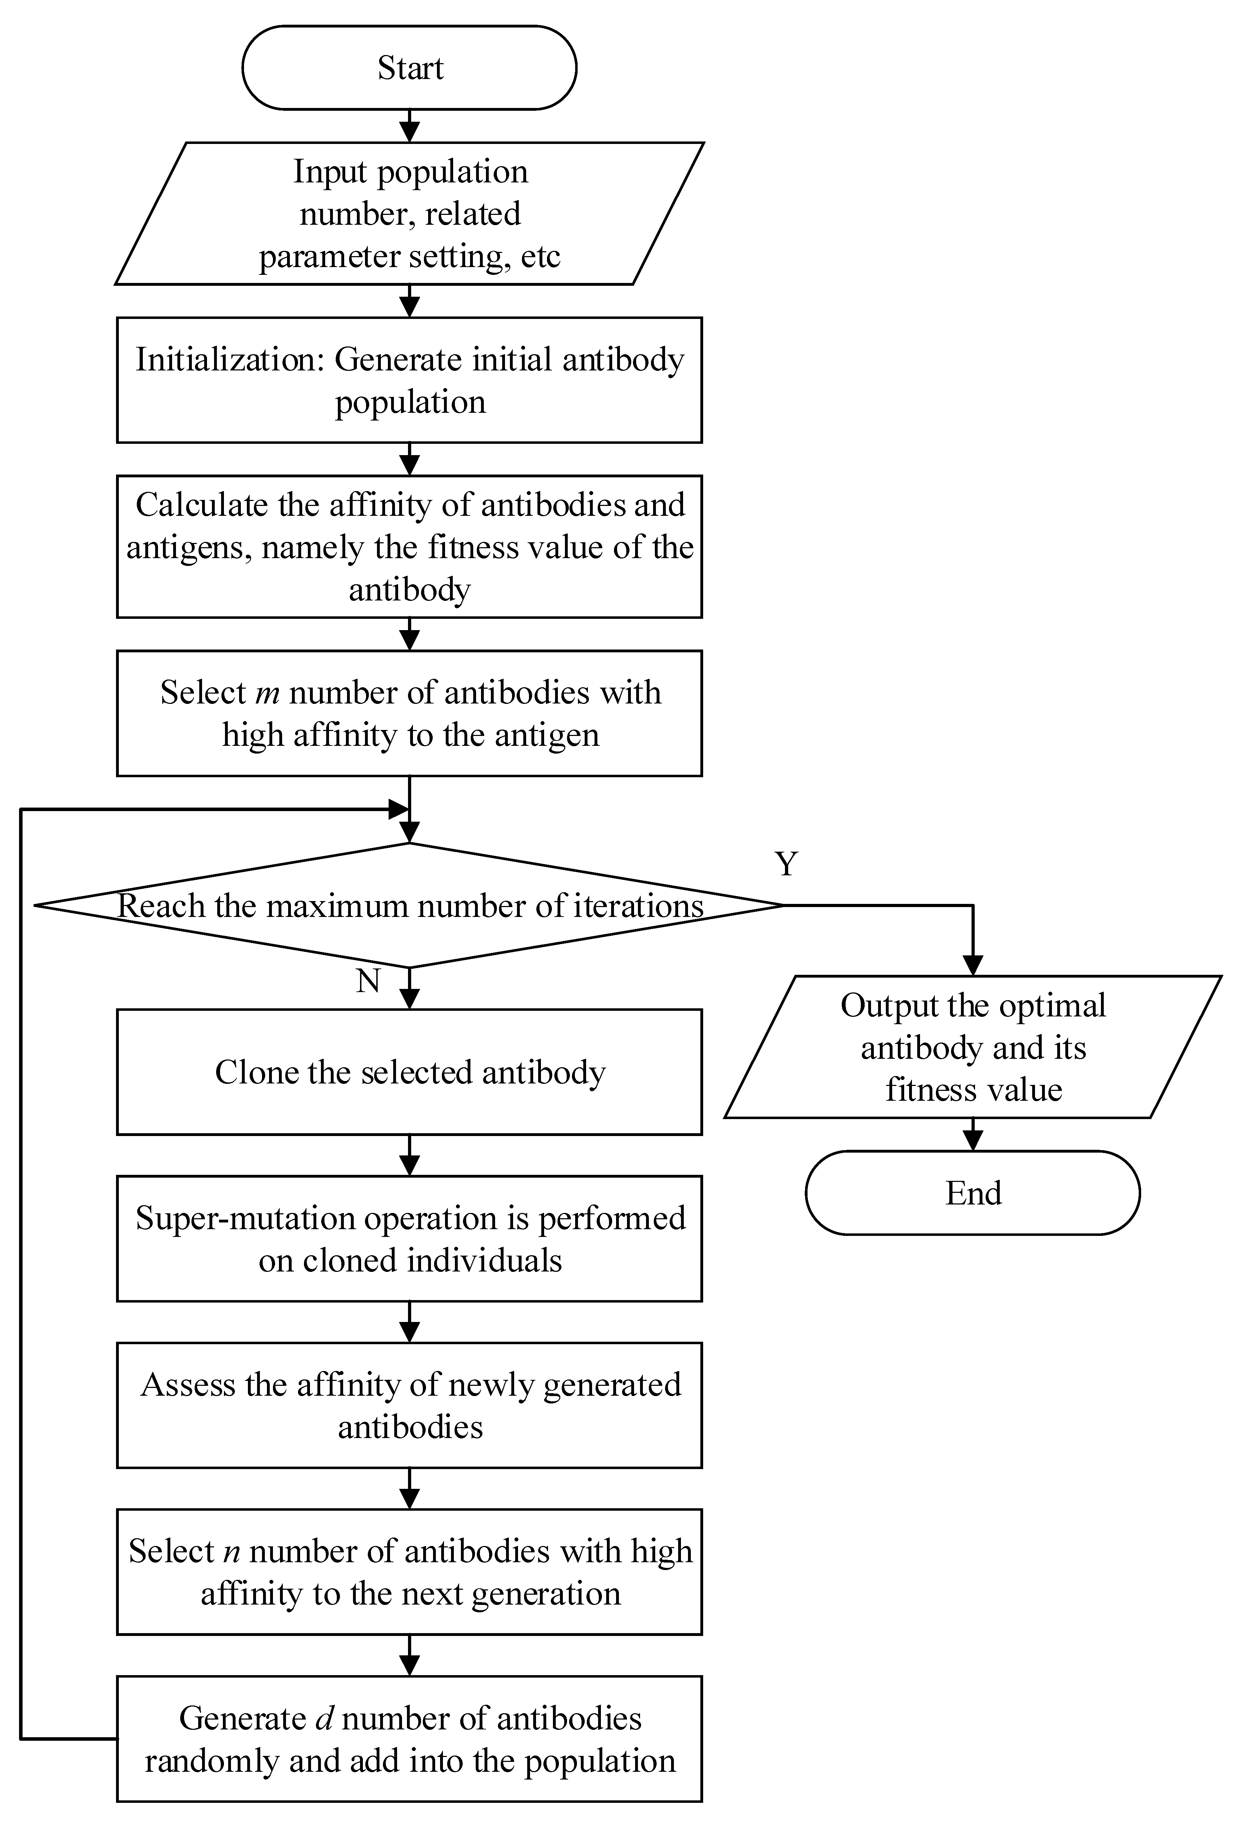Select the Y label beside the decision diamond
pyautogui.click(x=786, y=863)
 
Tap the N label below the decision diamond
pyautogui.click(x=368, y=981)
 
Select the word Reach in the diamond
pyautogui.click(x=162, y=906)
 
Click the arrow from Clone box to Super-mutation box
pyautogui.click(x=409, y=1155)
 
